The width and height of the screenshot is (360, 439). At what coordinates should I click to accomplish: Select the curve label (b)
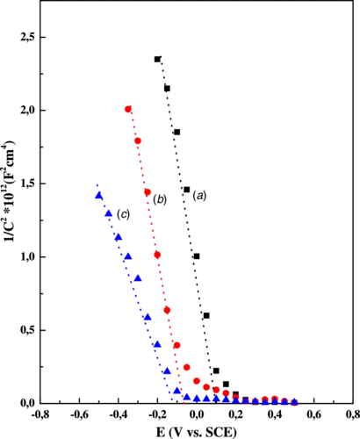click(160, 200)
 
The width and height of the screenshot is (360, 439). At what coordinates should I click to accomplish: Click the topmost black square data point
click(157, 59)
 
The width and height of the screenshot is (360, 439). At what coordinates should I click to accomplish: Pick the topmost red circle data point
click(128, 109)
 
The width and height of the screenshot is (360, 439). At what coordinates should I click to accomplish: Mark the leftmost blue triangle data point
click(99, 196)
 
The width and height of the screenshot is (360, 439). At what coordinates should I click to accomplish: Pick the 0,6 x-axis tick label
click(314, 414)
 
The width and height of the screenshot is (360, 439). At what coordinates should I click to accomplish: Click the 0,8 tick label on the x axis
click(350, 414)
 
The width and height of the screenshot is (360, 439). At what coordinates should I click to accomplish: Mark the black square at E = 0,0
click(197, 256)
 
